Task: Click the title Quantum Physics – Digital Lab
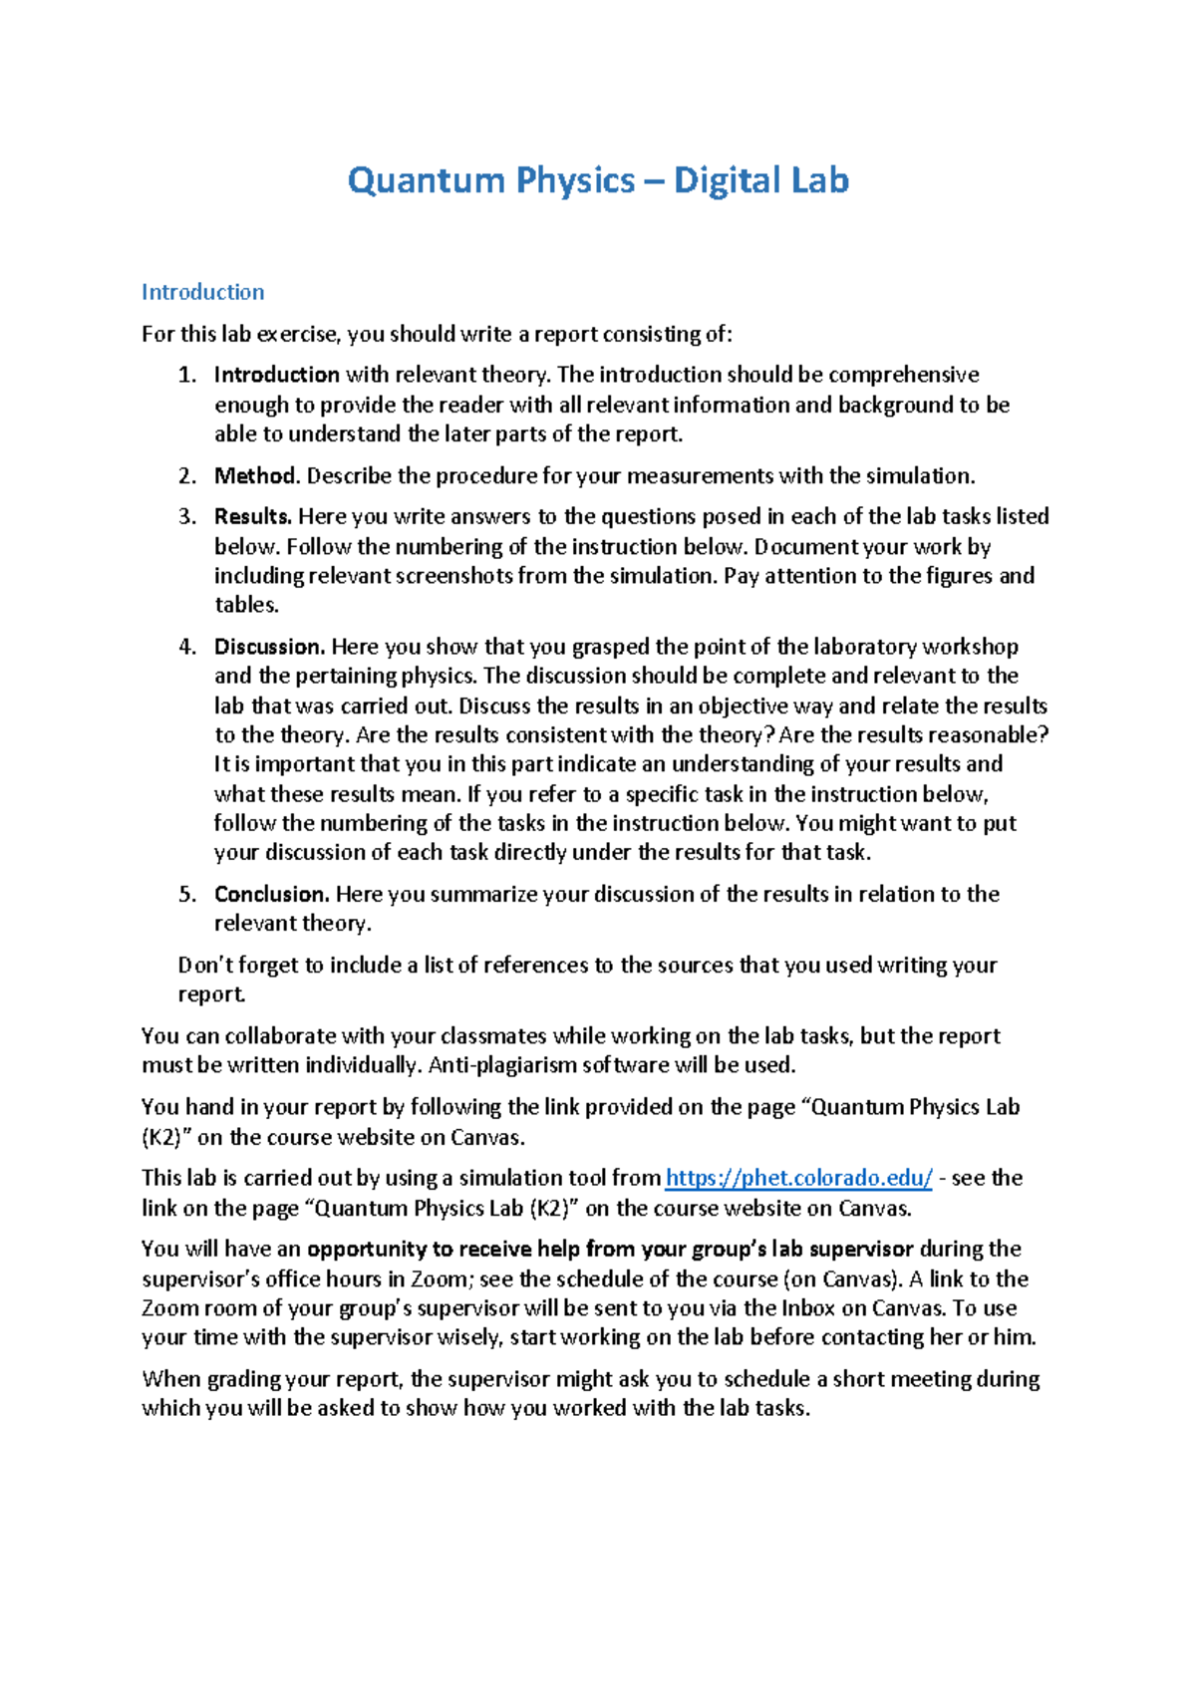point(598,180)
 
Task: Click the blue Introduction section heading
point(202,292)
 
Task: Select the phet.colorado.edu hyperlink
point(798,1178)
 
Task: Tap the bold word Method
point(256,475)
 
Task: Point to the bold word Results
point(253,516)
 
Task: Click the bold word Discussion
point(269,647)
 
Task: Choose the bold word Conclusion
point(271,894)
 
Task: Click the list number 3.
point(187,516)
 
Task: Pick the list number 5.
point(187,894)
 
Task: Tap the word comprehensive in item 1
point(903,375)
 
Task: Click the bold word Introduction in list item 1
point(277,375)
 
